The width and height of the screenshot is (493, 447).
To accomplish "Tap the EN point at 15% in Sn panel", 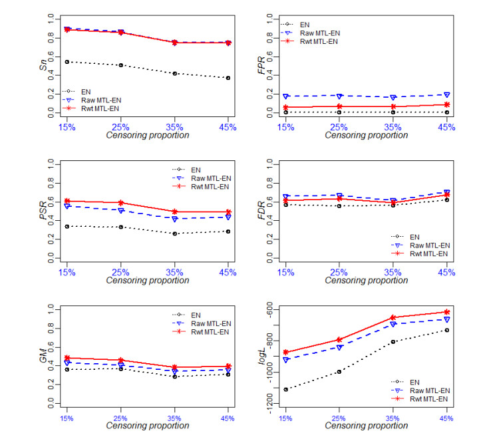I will click(67, 62).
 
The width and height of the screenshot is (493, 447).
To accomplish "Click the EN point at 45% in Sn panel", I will click(229, 78).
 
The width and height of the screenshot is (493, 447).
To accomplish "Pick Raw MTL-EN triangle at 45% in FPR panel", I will click(447, 95).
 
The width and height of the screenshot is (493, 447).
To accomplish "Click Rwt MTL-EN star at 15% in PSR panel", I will click(67, 201).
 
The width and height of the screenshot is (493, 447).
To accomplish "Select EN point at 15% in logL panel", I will click(285, 389).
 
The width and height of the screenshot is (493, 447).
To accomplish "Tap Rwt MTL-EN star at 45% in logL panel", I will click(447, 312).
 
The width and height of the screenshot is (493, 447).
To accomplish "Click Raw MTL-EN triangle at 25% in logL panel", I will click(339, 347).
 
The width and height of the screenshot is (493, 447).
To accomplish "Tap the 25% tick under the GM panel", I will click(120, 418).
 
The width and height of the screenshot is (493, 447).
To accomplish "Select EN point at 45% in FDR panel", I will click(447, 200).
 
